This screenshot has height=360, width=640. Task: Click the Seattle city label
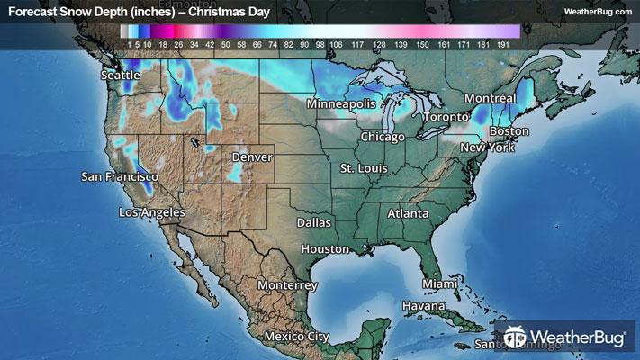[121, 76]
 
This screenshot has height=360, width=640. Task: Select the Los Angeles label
[152, 212]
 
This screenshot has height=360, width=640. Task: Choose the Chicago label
[383, 137]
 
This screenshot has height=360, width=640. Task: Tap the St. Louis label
[364, 168]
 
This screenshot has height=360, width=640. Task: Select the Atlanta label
[408, 214]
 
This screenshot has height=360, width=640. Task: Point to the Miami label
[440, 283]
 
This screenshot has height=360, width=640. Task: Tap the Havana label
[424, 306]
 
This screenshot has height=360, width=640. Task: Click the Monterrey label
[287, 284]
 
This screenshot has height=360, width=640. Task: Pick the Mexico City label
[296, 337]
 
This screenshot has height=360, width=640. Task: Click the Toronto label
[446, 118]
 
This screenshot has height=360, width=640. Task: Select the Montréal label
[489, 97]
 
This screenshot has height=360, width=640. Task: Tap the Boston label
[509, 131]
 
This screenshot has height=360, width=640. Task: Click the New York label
[487, 147]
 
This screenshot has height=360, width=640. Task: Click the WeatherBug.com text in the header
[596, 11]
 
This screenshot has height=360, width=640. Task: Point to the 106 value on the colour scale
[337, 43]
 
